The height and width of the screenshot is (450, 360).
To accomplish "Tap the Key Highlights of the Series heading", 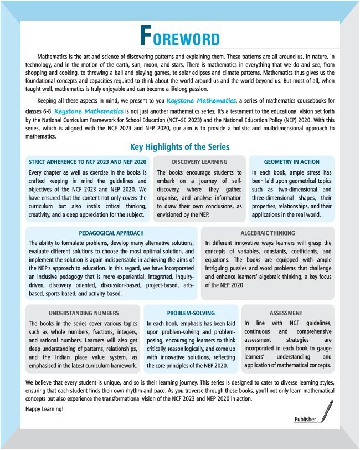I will [179, 147].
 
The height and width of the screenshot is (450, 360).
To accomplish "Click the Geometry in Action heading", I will [292, 162].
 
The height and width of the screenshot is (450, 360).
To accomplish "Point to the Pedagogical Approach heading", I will [111, 233].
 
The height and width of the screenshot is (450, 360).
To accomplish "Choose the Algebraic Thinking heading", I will [268, 233].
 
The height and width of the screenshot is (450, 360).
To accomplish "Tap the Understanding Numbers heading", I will [82, 313].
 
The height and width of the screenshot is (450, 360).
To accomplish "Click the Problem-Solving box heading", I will [191, 313].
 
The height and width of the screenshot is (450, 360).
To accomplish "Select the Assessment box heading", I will [286, 313].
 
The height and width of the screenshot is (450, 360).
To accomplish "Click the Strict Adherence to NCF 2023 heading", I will [88, 162].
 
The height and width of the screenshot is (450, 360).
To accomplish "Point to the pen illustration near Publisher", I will [326, 411].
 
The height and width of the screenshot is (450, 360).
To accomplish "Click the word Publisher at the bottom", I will [305, 420].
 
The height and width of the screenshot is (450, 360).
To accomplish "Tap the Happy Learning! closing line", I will [45, 409].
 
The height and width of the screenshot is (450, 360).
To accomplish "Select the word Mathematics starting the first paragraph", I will [54, 57].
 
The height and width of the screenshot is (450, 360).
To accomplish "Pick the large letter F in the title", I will [145, 35].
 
